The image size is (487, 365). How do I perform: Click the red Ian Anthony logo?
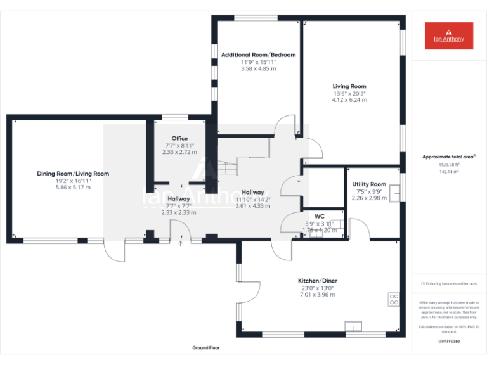click(x=448, y=35)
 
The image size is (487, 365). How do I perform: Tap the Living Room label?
click(x=349, y=86)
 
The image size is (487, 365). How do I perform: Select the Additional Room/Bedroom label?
click(x=258, y=55)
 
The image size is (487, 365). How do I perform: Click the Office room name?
click(x=179, y=138)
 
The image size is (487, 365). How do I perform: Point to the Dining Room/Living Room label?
click(x=73, y=174)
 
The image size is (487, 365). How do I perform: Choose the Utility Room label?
click(x=369, y=184)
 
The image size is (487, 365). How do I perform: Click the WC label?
click(x=319, y=216)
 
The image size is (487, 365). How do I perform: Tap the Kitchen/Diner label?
click(x=318, y=281)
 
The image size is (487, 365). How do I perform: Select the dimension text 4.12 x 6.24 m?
click(x=349, y=100)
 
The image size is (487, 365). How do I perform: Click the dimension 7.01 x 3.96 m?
click(x=318, y=295)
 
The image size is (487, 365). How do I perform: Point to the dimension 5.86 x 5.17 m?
click(x=73, y=188)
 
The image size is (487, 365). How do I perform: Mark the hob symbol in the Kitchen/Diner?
click(x=393, y=298)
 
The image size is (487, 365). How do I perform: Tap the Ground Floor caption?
click(x=206, y=348)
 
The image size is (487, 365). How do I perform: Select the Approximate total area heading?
click(x=448, y=157)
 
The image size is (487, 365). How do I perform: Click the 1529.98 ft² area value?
click(x=448, y=164)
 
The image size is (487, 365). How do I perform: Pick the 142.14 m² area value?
click(x=448, y=171)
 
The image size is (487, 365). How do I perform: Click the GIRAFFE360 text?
click(x=448, y=342)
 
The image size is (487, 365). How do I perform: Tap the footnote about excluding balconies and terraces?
click(x=448, y=283)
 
